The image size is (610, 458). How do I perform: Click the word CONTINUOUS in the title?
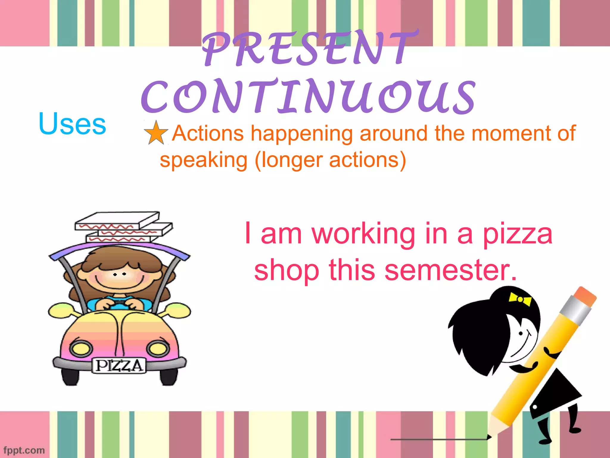coord(308,97)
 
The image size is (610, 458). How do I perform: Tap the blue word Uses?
coord(72,124)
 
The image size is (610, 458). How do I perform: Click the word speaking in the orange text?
coord(203,160)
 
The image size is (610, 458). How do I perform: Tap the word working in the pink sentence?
coord(363,234)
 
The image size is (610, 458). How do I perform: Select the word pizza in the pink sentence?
coord(518,234)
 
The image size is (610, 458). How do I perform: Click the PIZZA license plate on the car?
coord(119,366)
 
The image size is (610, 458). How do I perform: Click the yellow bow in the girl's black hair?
coord(520,298)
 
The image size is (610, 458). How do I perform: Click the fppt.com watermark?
coord(24,450)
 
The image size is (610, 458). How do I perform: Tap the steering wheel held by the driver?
coord(119,304)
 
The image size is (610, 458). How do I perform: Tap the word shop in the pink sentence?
coord(286,270)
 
